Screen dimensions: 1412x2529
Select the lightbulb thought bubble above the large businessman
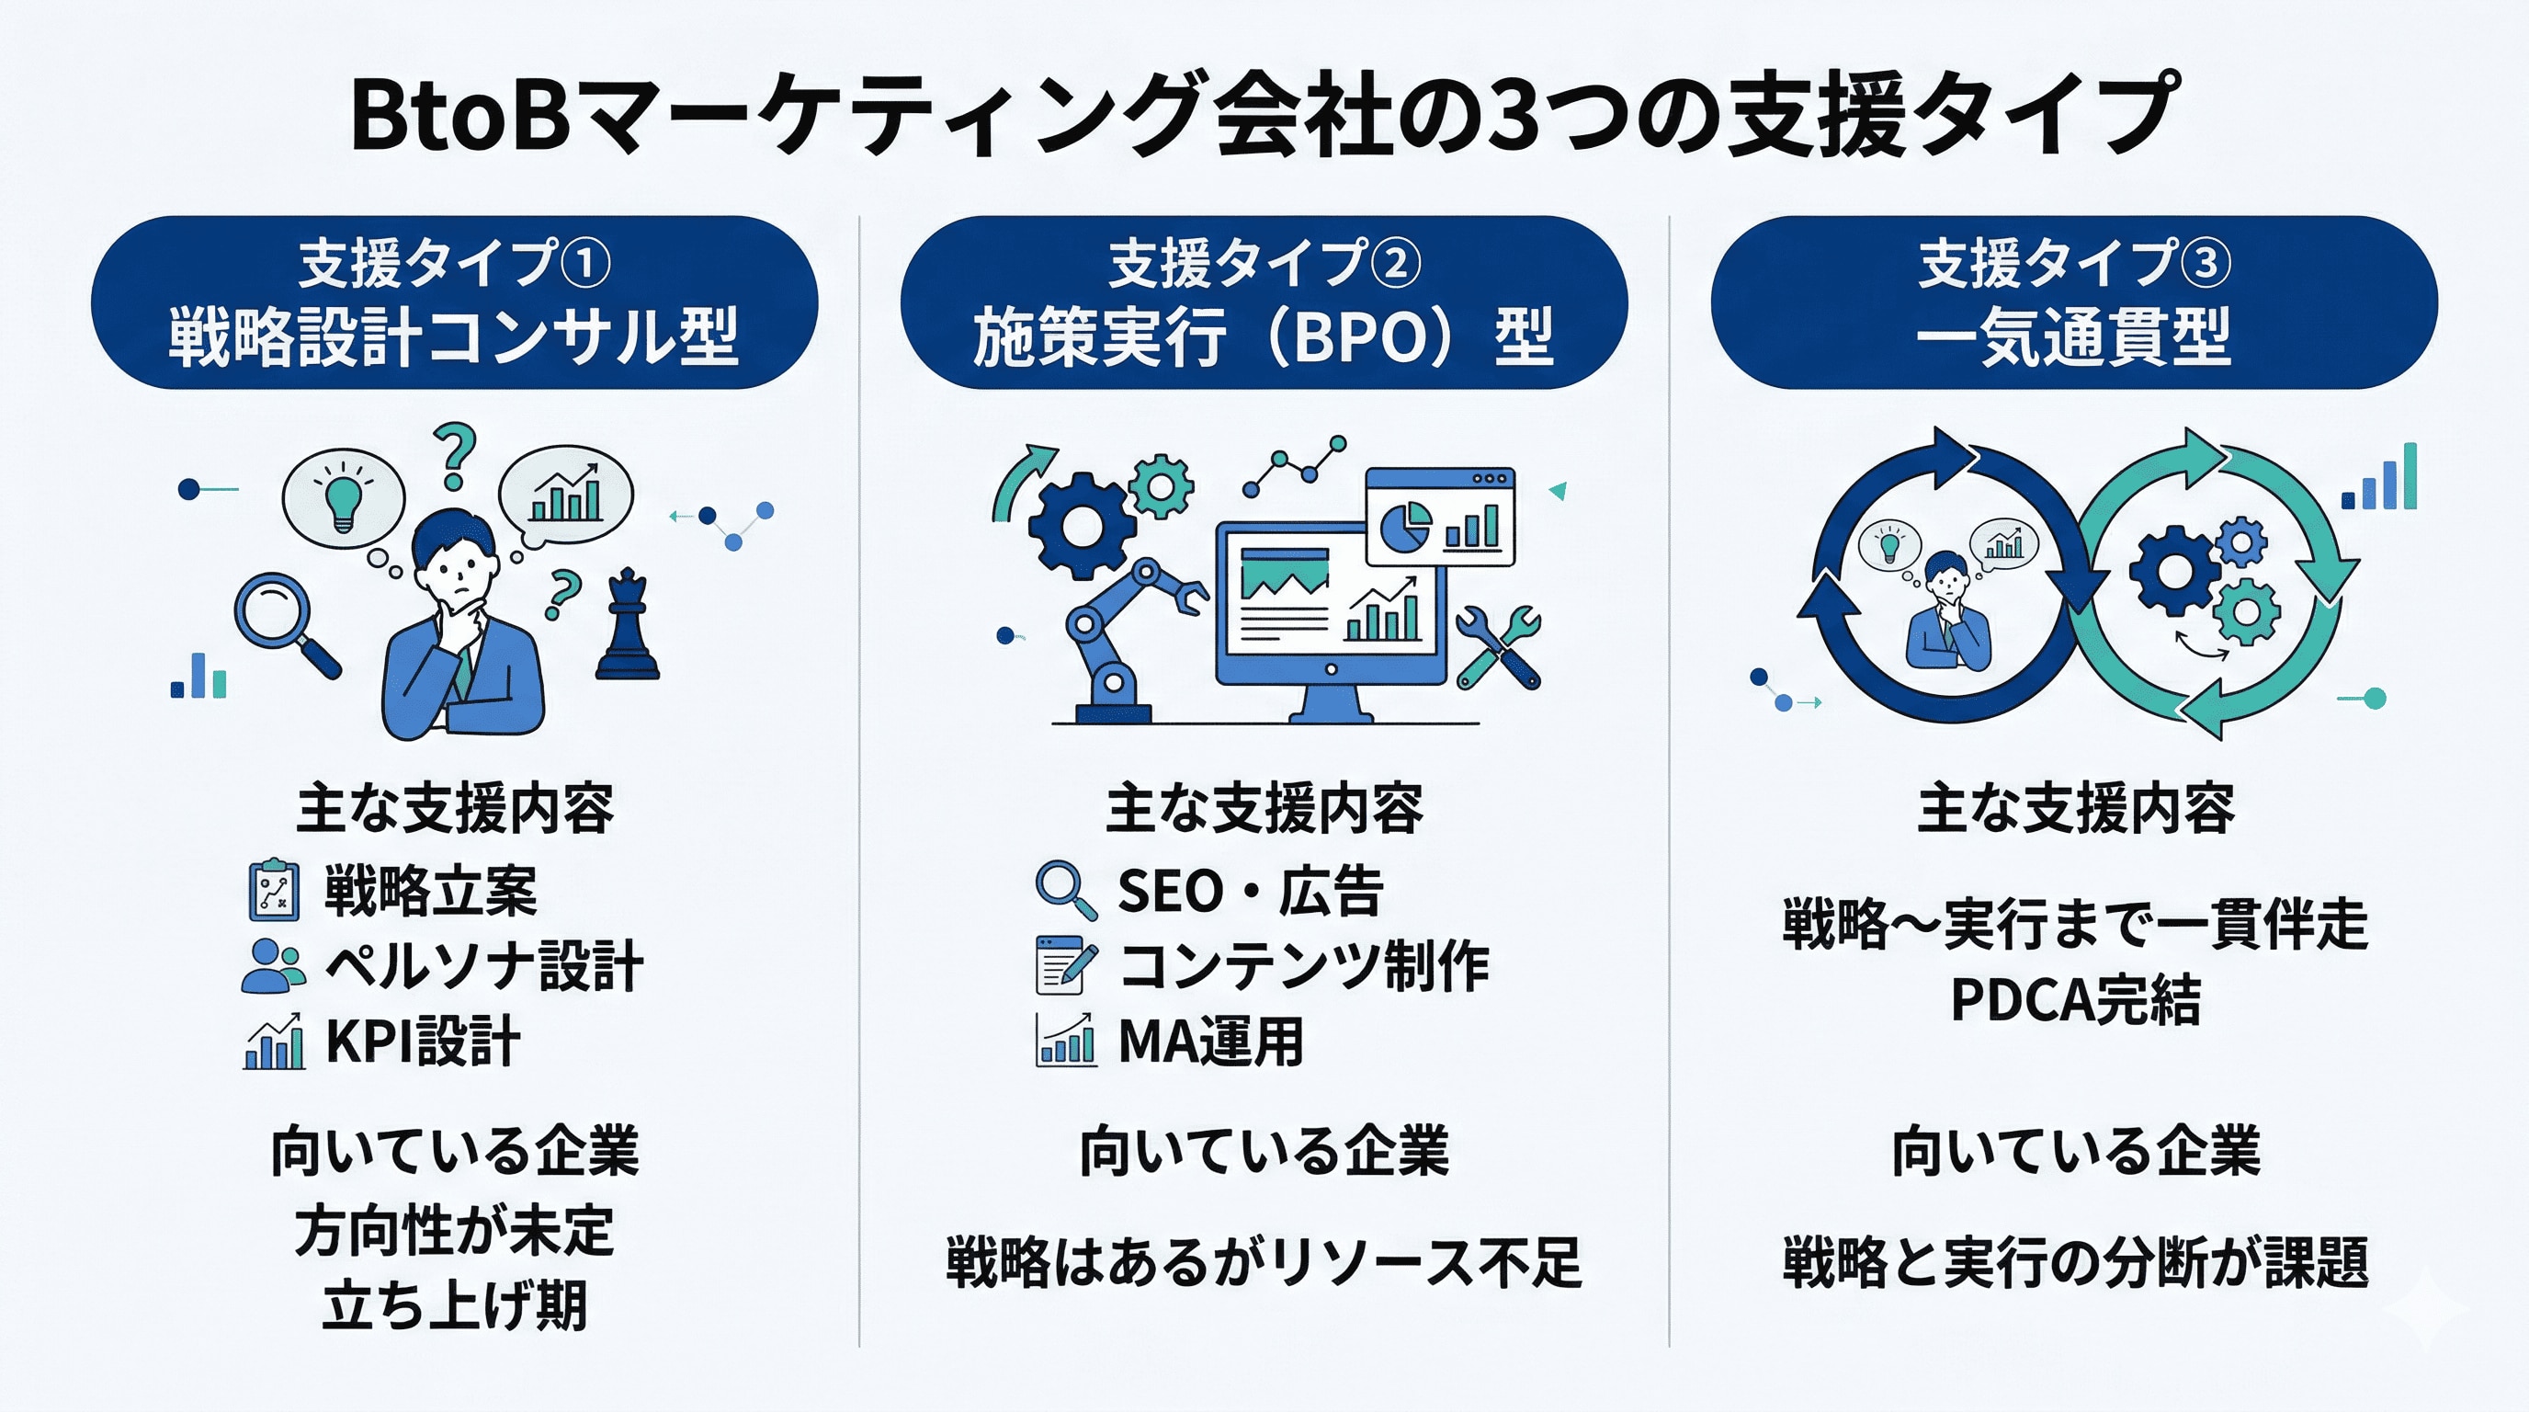(343, 496)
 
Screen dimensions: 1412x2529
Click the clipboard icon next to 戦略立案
(274, 891)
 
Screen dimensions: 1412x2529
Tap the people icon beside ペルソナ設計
(272, 966)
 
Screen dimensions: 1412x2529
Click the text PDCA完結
(2074, 1000)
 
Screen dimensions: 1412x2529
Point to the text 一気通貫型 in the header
(2073, 336)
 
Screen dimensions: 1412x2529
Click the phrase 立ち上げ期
(455, 1305)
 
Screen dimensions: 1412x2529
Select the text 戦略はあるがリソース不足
(1264, 1262)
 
